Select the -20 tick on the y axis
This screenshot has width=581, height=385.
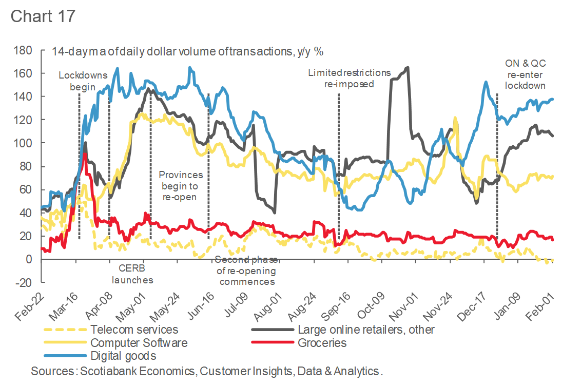pos(24,283)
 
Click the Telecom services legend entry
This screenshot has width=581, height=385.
pos(134,330)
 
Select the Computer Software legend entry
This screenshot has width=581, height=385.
pos(139,342)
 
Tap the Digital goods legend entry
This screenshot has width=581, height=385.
pos(123,355)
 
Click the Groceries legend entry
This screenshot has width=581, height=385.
pos(322,342)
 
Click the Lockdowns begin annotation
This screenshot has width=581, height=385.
pos(77,81)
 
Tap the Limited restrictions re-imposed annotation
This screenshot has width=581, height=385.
pos(349,78)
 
